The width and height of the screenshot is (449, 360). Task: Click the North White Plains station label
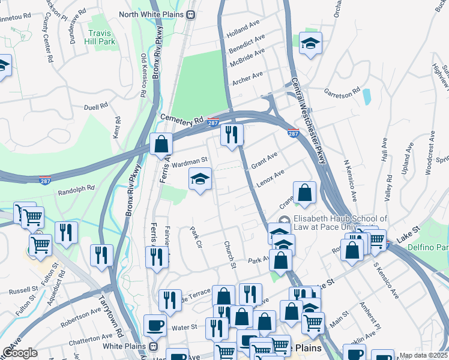pyautogui.click(x=153, y=14)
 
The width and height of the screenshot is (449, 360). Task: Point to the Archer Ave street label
pyautogui.click(x=247, y=77)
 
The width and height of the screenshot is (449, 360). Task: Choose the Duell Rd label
pyautogui.click(x=95, y=106)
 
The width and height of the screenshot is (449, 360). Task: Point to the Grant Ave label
pyautogui.click(x=264, y=160)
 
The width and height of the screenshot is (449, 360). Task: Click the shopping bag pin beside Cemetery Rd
pyautogui.click(x=161, y=144)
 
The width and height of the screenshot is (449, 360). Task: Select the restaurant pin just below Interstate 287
pyautogui.click(x=231, y=135)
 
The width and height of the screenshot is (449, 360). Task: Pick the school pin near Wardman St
pyautogui.click(x=200, y=178)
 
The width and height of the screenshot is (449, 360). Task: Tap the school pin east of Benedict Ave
pyautogui.click(x=310, y=43)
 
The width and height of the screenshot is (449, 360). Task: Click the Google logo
pyautogui.click(x=20, y=353)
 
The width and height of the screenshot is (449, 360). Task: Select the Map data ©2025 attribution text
pyautogui.click(x=424, y=355)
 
